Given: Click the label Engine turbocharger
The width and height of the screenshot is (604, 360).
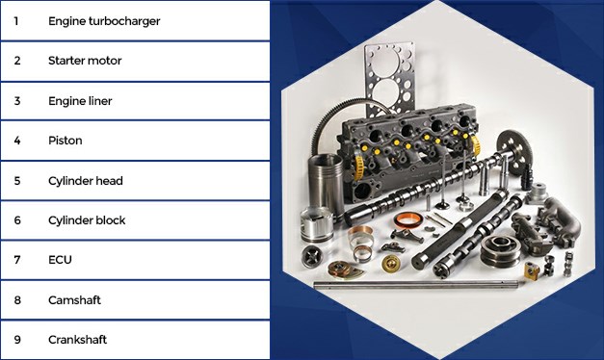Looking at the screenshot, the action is (x=104, y=21).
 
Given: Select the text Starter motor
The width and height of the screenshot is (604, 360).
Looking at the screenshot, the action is (x=85, y=61).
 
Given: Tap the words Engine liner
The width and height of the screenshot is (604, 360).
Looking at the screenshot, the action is (x=80, y=101).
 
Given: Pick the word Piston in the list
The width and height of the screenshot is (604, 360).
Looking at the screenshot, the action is (x=66, y=141).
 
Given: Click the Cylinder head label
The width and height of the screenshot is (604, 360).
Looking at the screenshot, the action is (x=86, y=181).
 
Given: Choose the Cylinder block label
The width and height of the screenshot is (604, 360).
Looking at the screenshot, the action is (x=87, y=220).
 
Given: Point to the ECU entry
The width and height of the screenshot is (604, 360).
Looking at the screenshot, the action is (x=60, y=260).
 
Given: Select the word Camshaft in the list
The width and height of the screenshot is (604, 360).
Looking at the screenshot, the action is (x=74, y=300).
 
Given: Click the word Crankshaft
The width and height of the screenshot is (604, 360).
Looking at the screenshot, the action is (x=77, y=340).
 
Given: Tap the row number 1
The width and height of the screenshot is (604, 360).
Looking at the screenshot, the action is (x=16, y=21).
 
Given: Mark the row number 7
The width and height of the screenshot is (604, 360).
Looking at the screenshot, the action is (x=17, y=260).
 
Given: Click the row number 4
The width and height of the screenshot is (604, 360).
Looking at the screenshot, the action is (x=17, y=141).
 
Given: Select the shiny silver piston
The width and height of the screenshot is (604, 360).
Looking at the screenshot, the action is (x=316, y=225).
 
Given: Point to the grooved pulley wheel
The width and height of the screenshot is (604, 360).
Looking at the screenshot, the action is (x=500, y=249).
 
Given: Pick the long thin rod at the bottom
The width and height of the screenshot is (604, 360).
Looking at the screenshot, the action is (x=415, y=285).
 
